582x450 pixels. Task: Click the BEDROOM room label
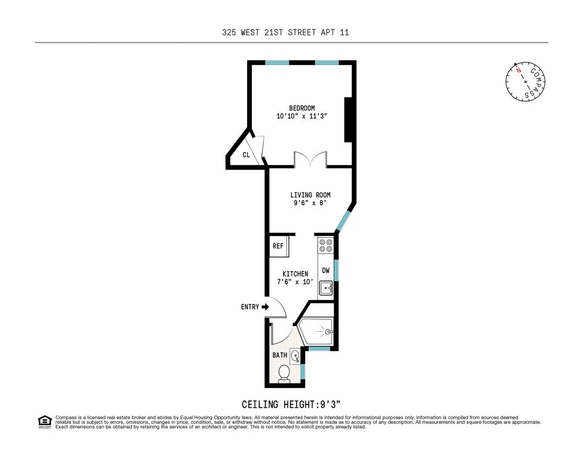coord(302,108)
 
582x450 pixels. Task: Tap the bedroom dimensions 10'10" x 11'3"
coord(302,116)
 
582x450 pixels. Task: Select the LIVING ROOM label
coord(310,195)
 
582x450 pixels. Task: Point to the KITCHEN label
coord(295,274)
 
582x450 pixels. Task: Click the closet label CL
coord(246,155)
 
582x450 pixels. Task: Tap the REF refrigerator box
coord(279,246)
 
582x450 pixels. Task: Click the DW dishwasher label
coord(326,271)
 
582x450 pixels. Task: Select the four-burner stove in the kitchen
coord(326,245)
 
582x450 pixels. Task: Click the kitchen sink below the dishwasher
coord(326,288)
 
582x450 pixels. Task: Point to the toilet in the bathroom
coord(284,373)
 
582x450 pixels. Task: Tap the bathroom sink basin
coord(295,356)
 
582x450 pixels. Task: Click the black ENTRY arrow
coord(265,307)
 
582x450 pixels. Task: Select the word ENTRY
coord(250,307)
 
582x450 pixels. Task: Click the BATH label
coord(280,355)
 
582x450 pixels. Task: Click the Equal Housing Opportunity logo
coord(45,422)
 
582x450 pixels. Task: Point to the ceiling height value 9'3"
coord(331,404)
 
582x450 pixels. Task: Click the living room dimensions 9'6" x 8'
coord(310,203)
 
